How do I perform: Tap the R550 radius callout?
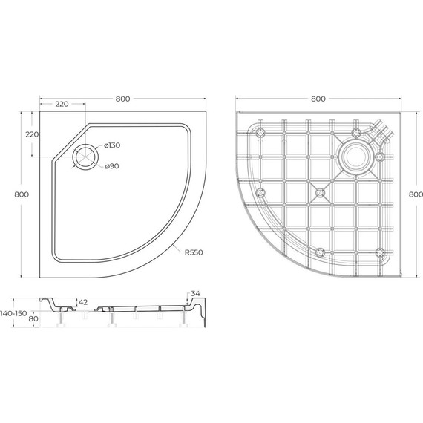pos(194,252)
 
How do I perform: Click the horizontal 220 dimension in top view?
pos(62,105)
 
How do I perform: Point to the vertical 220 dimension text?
pos(31,134)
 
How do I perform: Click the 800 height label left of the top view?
pos(21,194)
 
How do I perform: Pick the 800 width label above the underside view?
pos(318,97)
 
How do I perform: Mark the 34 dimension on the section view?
pos(195,294)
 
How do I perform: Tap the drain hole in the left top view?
pos(86,157)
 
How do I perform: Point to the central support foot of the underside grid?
pos(320,193)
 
